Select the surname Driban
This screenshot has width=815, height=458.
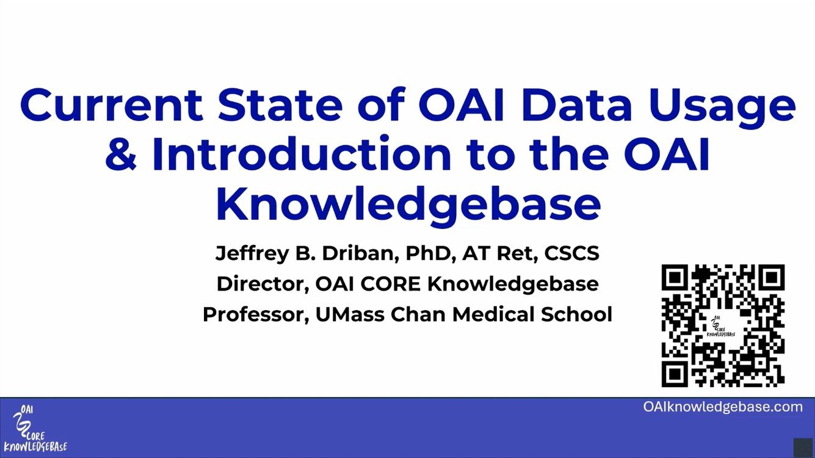coord(360,254)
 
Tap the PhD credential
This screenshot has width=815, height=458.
coord(430,254)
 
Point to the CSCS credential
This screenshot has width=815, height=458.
coord(571,253)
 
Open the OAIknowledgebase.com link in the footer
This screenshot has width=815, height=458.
coord(723,407)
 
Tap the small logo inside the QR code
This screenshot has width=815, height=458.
coord(721,327)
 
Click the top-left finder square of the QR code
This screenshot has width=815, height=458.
coord(675,278)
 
